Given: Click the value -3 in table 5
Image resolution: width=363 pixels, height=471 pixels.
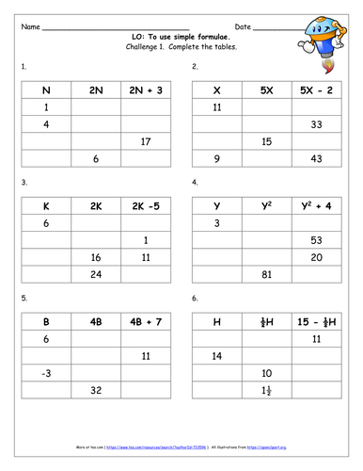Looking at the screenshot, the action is [46, 373].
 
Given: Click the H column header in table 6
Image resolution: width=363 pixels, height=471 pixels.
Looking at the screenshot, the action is [218, 321].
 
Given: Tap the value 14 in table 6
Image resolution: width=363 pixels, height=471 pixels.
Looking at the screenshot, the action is [218, 356].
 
